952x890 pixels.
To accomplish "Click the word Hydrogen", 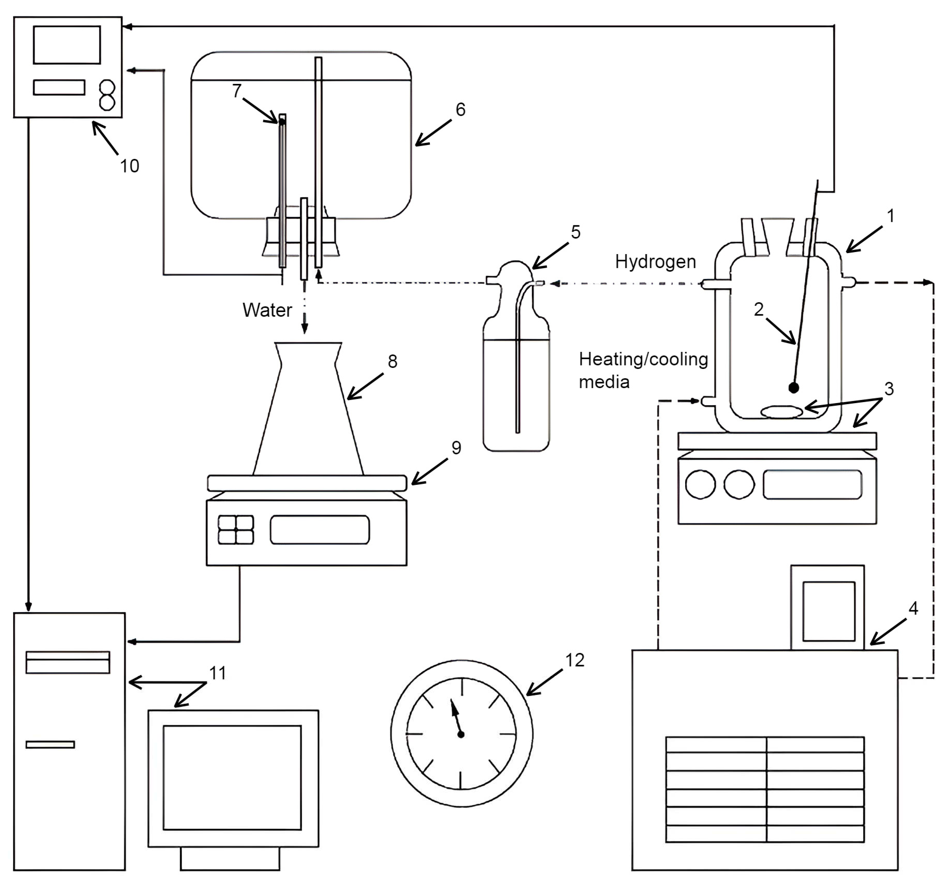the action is coord(655,262).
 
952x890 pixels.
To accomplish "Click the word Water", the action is coord(267,310).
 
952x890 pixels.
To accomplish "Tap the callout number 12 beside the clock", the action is coord(575,660).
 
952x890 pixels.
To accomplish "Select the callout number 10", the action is coord(129,166).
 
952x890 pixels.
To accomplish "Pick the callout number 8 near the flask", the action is coord(393,361).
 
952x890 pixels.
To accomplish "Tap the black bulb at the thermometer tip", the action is coord(794,387).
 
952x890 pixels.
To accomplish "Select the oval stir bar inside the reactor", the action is coord(781,412).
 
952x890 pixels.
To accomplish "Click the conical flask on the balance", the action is coord(308,409).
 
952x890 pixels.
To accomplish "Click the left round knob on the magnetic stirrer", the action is coord(700,484).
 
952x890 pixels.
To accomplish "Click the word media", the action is coord(604,382).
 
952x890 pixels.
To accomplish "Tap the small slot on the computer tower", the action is coord(50,744).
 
